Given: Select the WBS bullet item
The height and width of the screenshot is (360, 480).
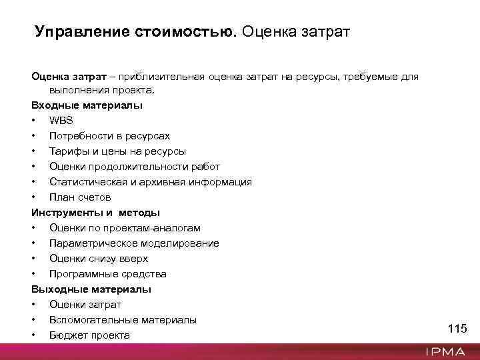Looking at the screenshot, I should (61, 121).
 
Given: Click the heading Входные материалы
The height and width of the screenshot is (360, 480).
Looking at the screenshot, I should (87, 105).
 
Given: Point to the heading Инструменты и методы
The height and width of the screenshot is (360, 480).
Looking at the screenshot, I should (95, 213).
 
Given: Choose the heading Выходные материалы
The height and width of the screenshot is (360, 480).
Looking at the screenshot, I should (91, 289).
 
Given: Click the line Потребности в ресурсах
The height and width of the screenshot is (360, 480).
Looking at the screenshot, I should (109, 136).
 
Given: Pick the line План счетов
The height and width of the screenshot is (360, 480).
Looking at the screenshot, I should (80, 197).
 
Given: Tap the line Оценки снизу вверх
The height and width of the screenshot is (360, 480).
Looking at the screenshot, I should (99, 259).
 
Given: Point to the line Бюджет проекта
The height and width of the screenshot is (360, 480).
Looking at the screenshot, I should (89, 335).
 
